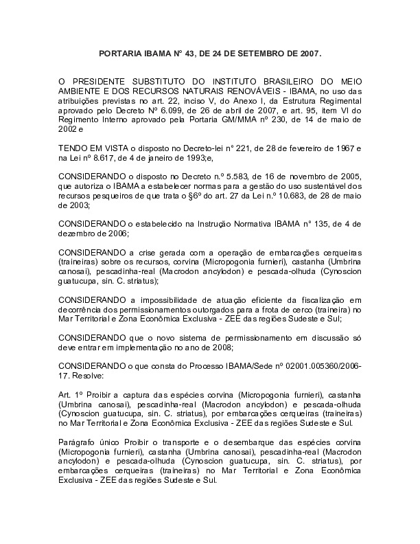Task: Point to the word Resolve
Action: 86,377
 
